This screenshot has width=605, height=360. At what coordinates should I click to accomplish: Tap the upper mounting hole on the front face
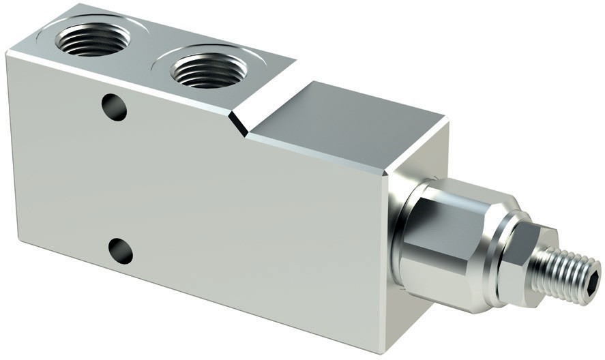(114, 107)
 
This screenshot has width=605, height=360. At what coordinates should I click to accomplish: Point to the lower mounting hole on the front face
(121, 251)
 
